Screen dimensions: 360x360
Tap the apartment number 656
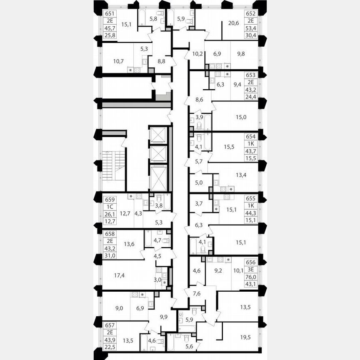point(252,262)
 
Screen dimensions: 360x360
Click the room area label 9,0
point(119,308)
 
